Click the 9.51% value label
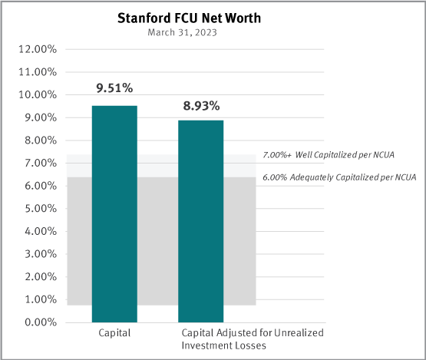click(114, 89)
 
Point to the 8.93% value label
click(201, 104)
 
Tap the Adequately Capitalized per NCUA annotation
click(338, 177)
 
